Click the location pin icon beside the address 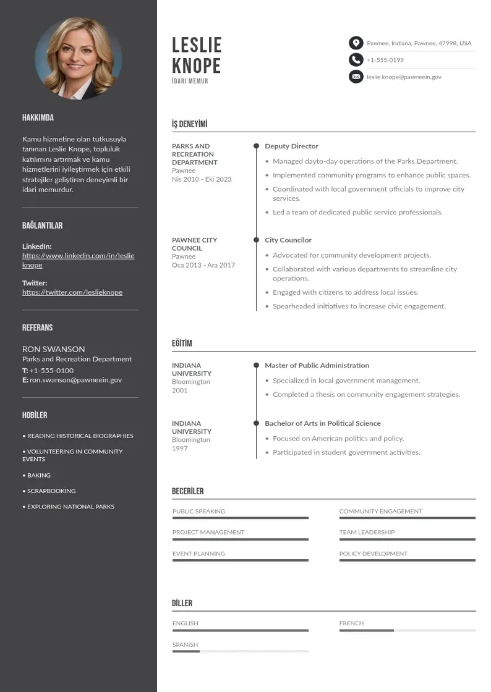[x=356, y=43]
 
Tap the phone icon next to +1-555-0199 [x=356, y=60]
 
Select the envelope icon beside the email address [x=356, y=77]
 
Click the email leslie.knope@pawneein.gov [x=404, y=77]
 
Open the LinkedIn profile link [x=78, y=260]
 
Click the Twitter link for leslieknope [x=72, y=292]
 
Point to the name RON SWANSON [x=54, y=349]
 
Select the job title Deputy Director [x=291, y=146]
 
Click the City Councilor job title [x=288, y=240]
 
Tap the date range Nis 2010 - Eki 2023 [x=202, y=179]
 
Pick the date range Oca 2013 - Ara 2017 [x=203, y=265]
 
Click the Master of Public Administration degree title [x=317, y=366]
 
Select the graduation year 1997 [x=179, y=449]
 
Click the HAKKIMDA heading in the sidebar [x=38, y=118]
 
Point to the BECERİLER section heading [x=187, y=491]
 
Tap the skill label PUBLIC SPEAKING [x=199, y=512]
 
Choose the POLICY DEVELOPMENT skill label [x=373, y=554]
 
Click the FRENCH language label [x=351, y=623]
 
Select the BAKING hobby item [x=39, y=476]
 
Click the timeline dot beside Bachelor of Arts [x=256, y=423]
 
